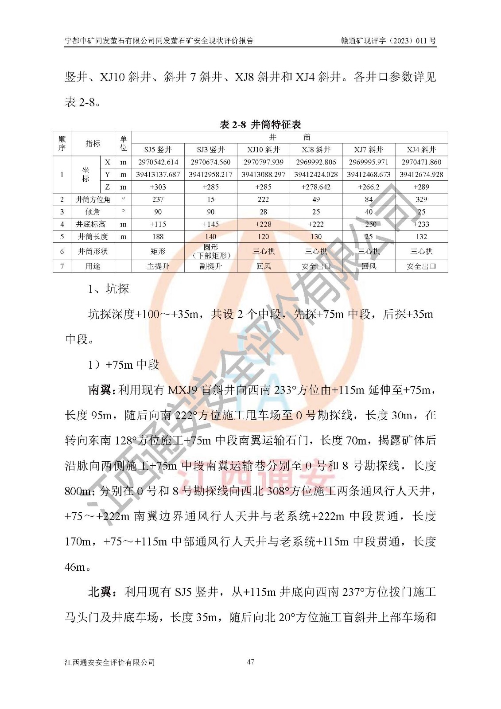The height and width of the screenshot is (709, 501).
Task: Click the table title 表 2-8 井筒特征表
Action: point(260,125)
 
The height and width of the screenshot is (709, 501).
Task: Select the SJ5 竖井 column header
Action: point(158,150)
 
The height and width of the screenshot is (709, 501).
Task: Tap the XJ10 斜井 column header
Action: point(263,150)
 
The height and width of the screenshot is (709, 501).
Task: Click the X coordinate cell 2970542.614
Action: point(158,162)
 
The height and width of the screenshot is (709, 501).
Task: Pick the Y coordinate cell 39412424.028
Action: point(316,175)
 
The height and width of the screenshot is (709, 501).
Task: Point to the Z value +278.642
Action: point(316,187)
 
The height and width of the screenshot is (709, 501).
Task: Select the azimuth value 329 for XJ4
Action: point(421,199)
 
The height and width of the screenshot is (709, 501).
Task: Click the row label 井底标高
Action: point(93,224)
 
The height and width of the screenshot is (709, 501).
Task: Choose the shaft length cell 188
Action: point(158,237)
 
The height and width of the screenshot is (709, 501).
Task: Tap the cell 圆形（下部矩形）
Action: point(210,251)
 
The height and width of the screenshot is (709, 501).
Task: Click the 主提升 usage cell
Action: point(158,266)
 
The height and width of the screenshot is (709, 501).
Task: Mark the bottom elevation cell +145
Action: point(210,224)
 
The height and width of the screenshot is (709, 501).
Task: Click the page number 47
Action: point(250,662)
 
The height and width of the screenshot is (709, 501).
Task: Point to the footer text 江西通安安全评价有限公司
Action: point(110,662)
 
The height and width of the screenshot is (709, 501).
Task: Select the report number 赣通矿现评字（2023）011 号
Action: point(388,41)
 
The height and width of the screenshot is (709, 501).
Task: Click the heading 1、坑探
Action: point(109,289)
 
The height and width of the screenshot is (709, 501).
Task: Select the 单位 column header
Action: point(123,143)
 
